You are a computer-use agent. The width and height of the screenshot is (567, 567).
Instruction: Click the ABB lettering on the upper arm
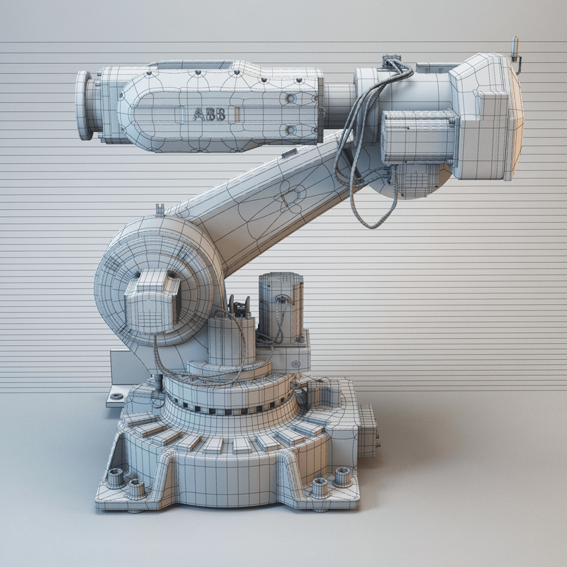point(210,114)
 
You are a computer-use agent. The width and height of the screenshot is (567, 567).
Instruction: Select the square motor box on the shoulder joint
point(152,301)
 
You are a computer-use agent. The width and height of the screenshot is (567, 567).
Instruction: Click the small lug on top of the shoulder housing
point(159,209)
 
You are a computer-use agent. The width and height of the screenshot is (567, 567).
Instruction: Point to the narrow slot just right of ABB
point(239,114)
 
